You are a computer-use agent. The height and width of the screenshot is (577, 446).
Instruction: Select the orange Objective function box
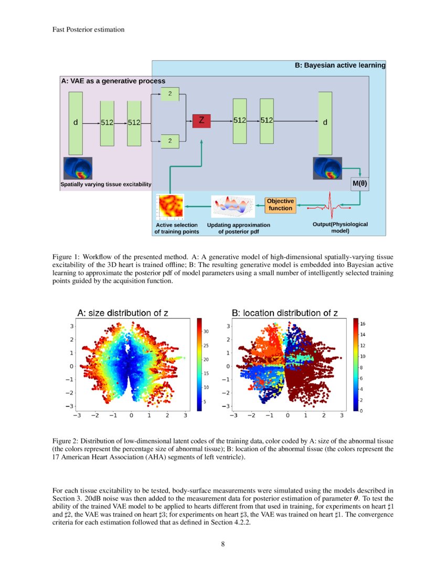280,205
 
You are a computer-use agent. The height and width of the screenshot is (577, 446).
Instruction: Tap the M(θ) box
359,185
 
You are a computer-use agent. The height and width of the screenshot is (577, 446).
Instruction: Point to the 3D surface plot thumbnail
232,207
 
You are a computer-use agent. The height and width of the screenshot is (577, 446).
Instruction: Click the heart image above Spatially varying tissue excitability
78,168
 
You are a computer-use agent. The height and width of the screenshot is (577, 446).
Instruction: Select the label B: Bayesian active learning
339,66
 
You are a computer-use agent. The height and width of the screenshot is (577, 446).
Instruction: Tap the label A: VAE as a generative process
113,81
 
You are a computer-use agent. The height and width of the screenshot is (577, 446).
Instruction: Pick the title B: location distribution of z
285,313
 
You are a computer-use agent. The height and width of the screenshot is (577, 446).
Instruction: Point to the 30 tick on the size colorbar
206,332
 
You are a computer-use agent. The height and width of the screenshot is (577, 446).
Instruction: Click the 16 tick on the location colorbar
362,324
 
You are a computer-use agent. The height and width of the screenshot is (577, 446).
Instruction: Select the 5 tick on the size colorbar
205,401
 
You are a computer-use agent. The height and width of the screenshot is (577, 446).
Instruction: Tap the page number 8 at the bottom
223,543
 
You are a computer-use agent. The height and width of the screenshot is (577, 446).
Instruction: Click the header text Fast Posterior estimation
88,29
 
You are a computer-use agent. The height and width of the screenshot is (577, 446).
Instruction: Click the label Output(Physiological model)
340,227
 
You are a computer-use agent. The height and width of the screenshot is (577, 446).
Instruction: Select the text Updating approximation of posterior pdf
238,228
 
